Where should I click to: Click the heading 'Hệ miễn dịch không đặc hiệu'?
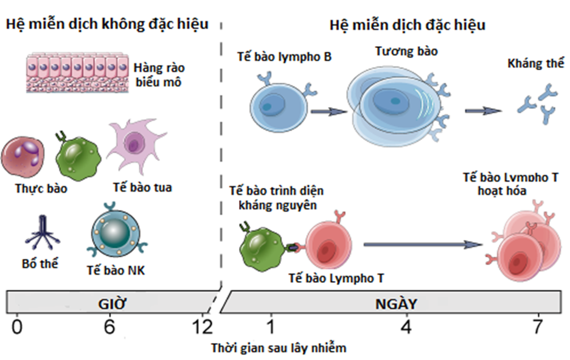tap(107, 24)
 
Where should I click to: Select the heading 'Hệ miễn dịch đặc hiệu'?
tap(407, 26)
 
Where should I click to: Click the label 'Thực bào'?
tap(41, 188)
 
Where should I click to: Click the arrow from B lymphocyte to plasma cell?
tap(328, 111)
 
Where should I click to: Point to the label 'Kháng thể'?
tap(535, 64)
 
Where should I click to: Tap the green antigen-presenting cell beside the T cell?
tap(261, 246)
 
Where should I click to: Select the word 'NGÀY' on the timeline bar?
tap(399, 303)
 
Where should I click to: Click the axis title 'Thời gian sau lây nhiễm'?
tap(279, 348)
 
